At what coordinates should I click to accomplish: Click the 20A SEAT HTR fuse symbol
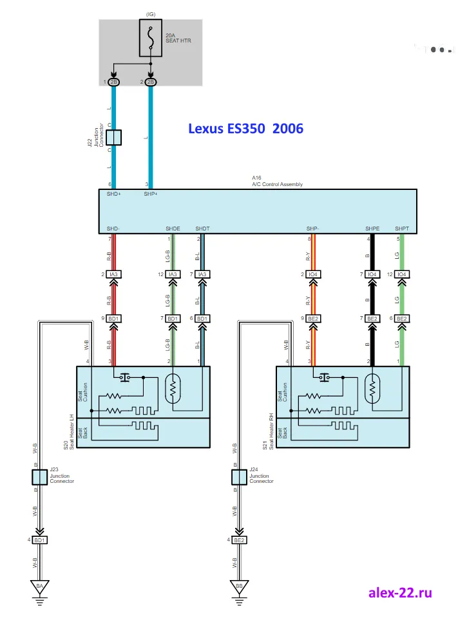(151, 38)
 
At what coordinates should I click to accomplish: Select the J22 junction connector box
(114, 137)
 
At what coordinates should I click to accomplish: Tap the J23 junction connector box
(39, 477)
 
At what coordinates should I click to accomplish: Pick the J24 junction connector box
(239, 477)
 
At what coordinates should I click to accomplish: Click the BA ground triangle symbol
(39, 587)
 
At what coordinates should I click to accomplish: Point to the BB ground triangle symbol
(239, 587)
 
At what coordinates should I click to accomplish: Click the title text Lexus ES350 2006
(245, 128)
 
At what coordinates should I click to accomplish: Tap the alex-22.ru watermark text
(400, 592)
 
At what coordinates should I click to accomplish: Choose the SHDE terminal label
(173, 229)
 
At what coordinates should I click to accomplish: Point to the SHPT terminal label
(401, 229)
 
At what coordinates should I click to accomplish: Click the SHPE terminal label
(372, 229)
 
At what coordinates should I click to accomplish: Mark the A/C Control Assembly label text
(277, 184)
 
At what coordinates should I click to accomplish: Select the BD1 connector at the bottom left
(39, 540)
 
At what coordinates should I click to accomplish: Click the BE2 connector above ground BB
(239, 540)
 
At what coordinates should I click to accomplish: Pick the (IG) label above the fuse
(150, 13)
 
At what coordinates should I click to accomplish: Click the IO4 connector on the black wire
(372, 274)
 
